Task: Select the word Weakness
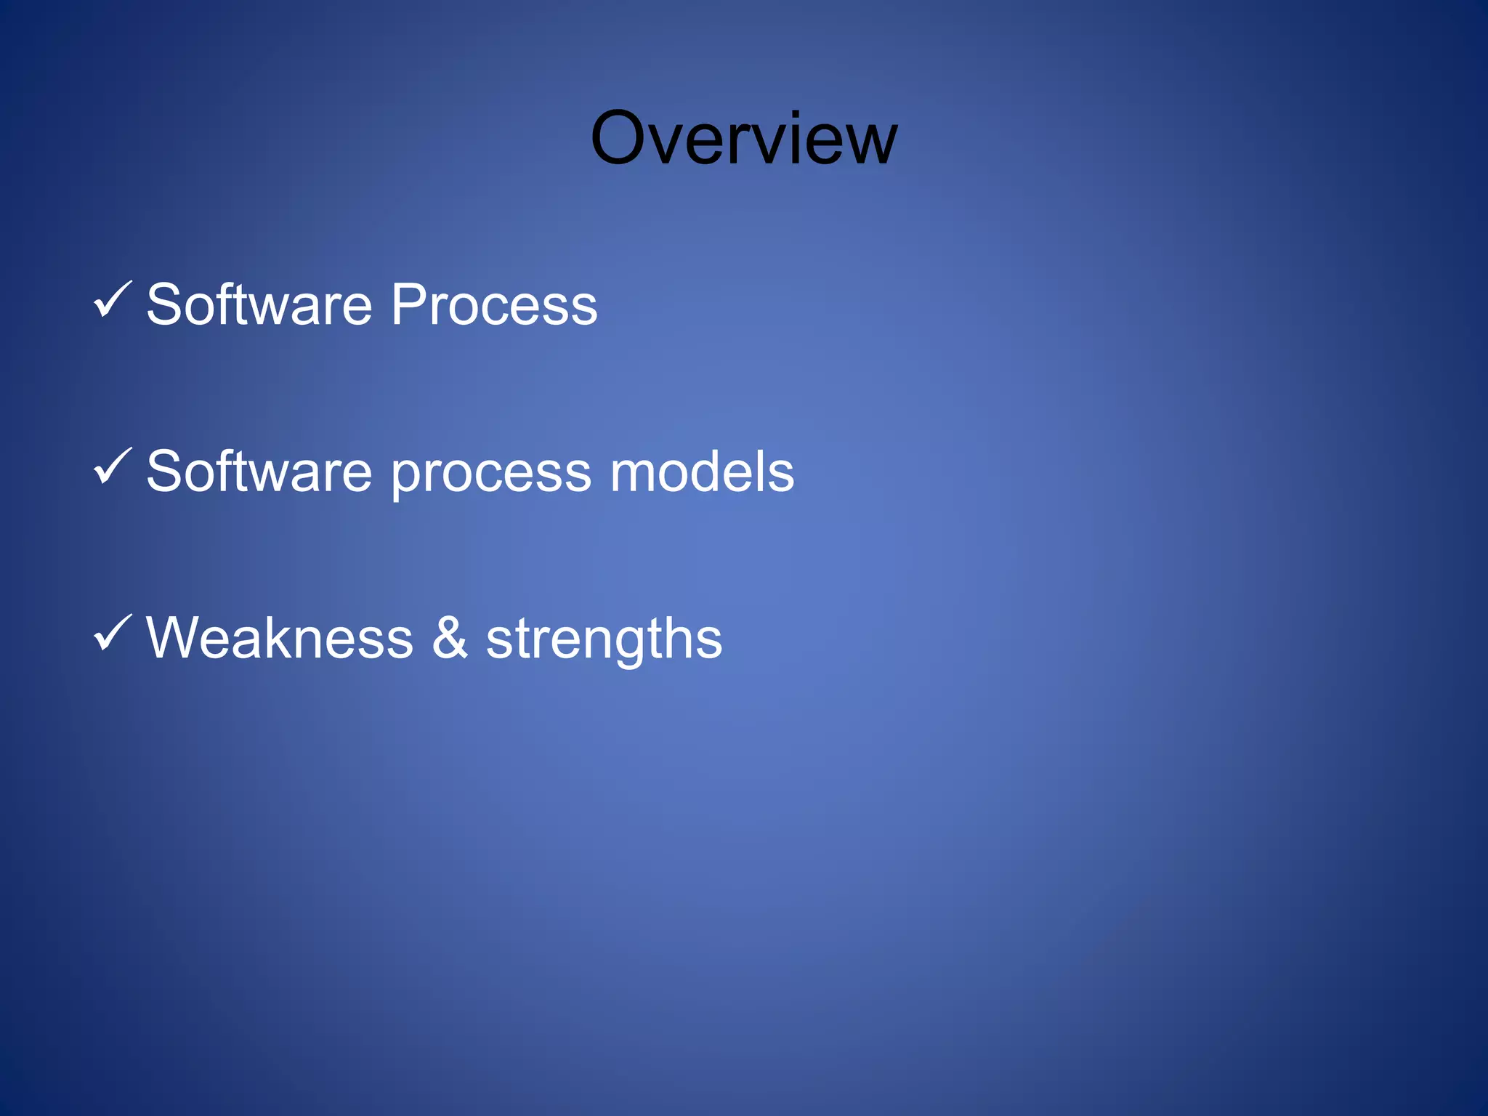tap(280, 638)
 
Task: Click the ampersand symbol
tap(450, 638)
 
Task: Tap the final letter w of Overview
tap(870, 144)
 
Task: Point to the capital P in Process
tap(409, 304)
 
